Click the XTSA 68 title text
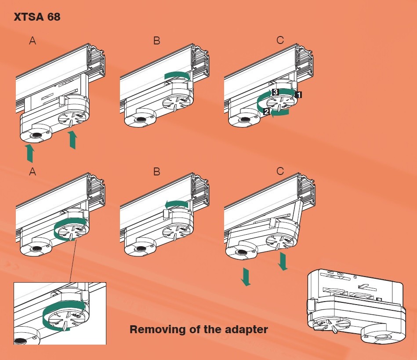(37, 18)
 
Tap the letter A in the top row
(32, 41)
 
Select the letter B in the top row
(157, 41)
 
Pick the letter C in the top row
(280, 41)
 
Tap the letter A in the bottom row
(32, 172)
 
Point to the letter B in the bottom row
(157, 172)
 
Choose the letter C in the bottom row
(280, 172)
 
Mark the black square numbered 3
(275, 92)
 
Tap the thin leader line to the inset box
(73, 259)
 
